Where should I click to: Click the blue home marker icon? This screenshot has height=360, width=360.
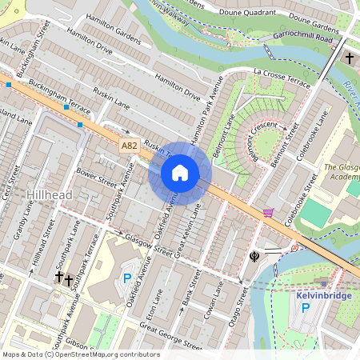pos(180,173)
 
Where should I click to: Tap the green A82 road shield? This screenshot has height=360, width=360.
pos(130,146)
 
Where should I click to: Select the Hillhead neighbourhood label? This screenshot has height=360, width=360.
pos(50,195)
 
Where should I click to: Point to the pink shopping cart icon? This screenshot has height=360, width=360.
pos(268,213)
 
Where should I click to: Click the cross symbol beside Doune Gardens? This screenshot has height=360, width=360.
pos(350,58)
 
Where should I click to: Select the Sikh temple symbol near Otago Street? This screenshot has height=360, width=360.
pos(254,256)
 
